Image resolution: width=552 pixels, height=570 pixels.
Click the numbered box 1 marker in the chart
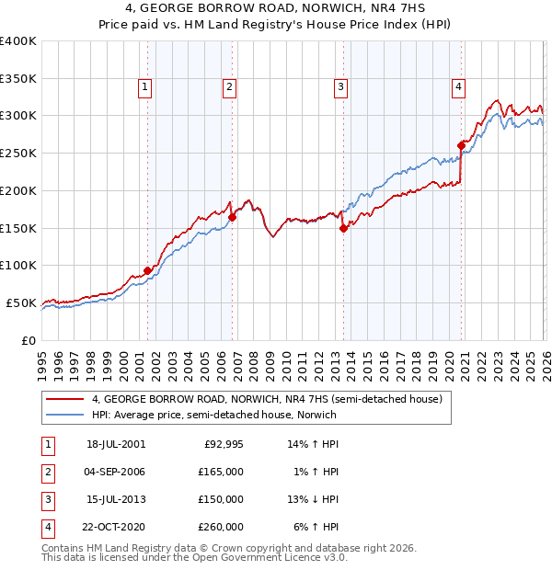pos(146,87)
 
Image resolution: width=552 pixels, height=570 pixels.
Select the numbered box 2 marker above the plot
pos(229,87)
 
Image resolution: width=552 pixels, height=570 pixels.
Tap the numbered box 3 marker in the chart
pos(340,87)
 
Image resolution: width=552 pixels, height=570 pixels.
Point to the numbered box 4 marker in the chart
pos(458,87)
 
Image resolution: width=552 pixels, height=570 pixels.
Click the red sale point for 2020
pos(461,144)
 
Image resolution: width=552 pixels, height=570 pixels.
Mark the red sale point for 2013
pos(343,228)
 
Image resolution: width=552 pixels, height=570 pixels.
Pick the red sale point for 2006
pos(232,217)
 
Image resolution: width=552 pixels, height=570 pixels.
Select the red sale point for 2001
pos(147,270)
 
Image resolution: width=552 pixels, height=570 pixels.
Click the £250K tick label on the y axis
pos(18,153)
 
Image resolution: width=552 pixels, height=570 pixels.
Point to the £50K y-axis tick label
pos(21,302)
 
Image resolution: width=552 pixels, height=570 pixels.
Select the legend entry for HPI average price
pos(213,415)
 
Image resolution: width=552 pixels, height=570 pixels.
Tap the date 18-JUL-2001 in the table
pos(115,443)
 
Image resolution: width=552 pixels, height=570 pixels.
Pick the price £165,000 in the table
pos(222,472)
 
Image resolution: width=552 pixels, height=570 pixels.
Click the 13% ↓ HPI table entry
pos(313,499)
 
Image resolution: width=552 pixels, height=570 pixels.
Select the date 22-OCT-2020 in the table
pos(115,528)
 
